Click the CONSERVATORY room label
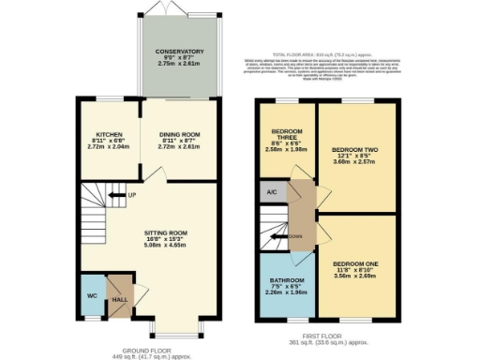[x=181, y=52]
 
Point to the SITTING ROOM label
[x=166, y=232]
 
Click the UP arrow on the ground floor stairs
[x=119, y=196]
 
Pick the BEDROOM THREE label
[x=285, y=132]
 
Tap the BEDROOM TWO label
[x=354, y=148]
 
